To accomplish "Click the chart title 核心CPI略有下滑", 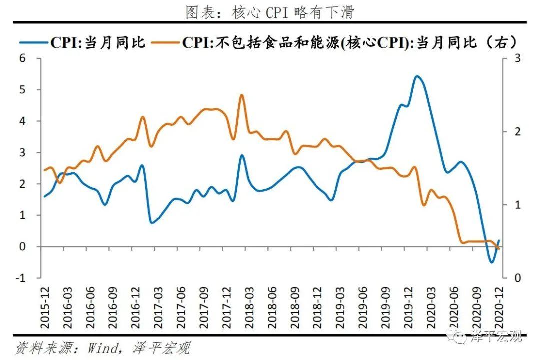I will (x=269, y=12).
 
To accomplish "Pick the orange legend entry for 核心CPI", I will (x=339, y=42).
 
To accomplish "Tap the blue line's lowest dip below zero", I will (x=492, y=262).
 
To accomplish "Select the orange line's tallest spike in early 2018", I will (x=241, y=95).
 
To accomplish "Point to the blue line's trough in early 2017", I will (x=152, y=222).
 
